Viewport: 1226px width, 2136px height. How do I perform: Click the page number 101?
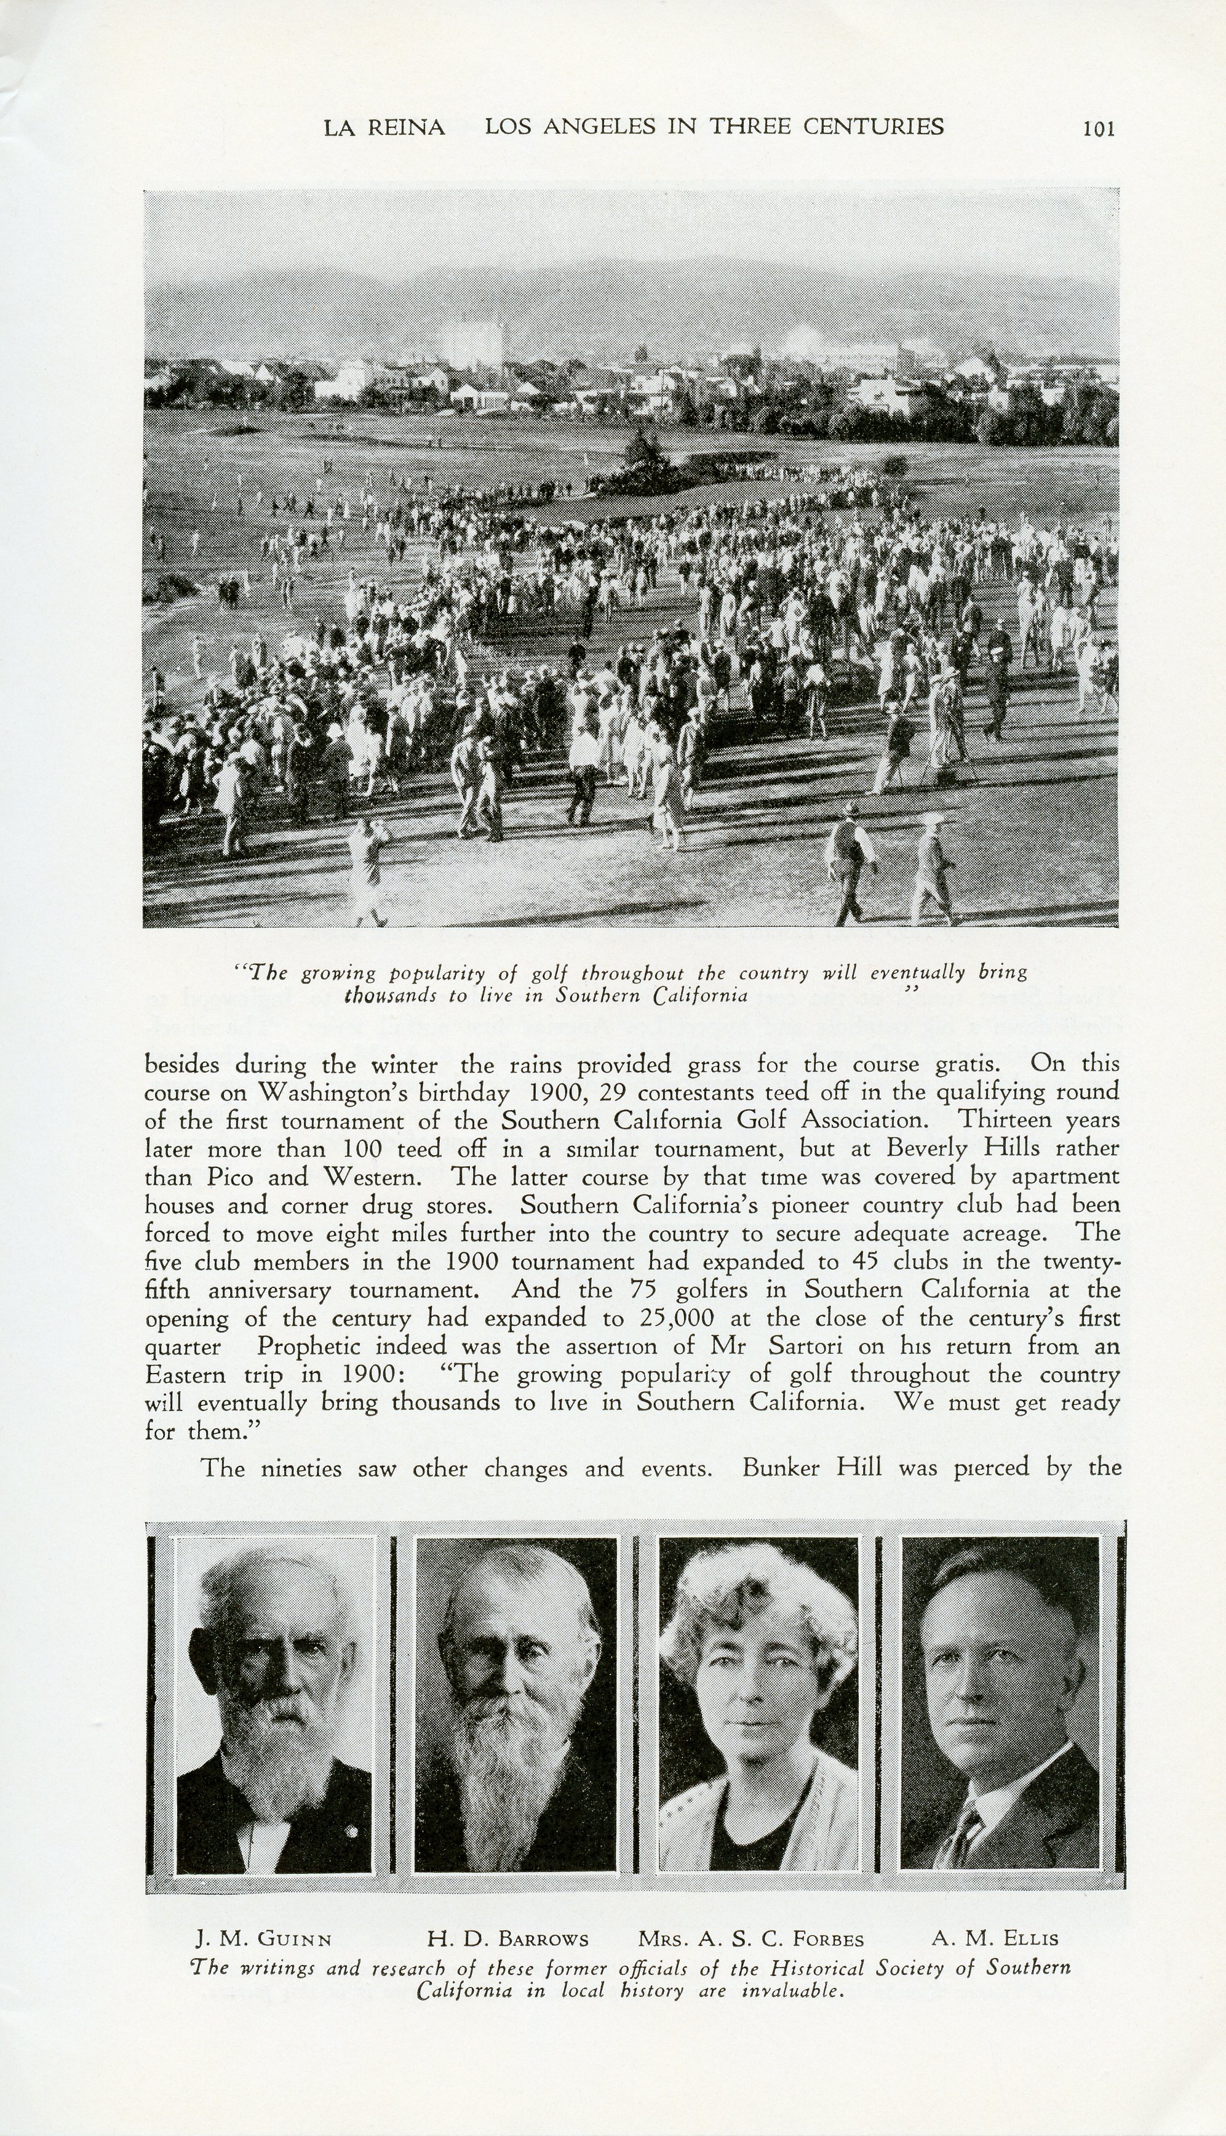[x=1098, y=128]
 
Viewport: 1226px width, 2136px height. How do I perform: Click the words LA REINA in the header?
[x=384, y=127]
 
